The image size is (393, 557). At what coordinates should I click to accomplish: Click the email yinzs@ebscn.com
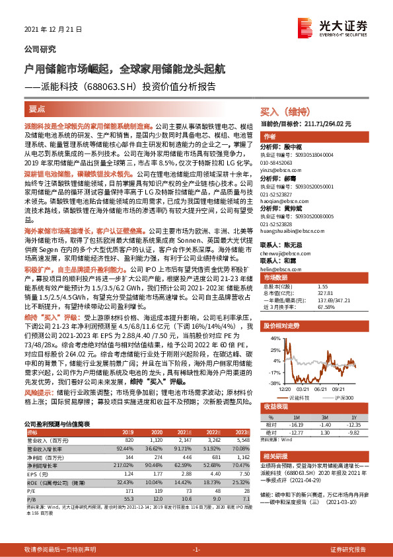(279, 170)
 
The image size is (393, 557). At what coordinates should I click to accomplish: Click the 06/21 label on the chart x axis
(323, 390)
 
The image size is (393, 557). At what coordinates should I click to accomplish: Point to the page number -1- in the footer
(196, 550)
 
